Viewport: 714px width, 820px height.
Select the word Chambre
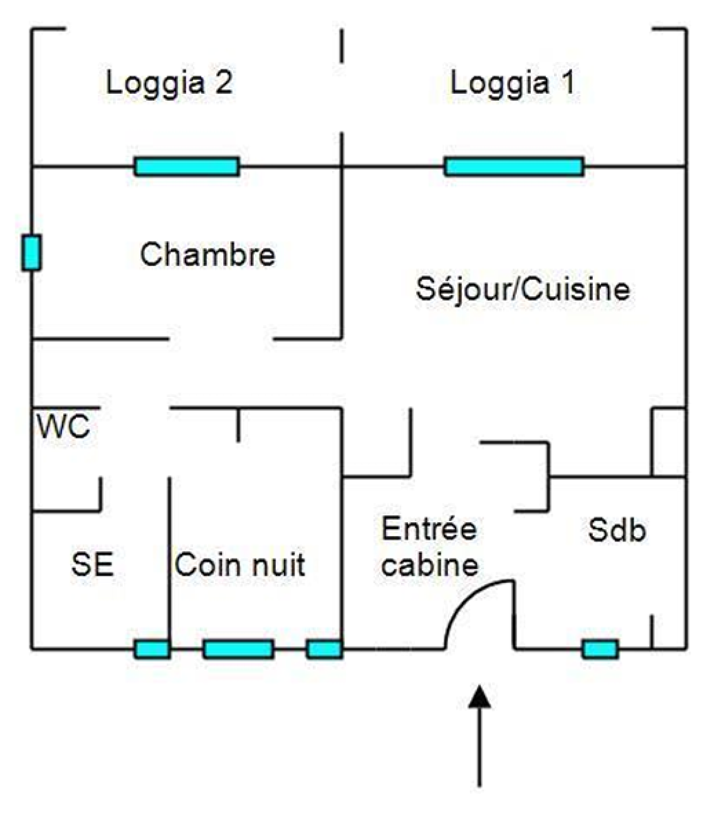pos(208,254)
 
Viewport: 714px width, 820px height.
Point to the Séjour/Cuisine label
pos(523,289)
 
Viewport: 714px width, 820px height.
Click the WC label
pos(63,426)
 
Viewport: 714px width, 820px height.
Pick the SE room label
pos(92,564)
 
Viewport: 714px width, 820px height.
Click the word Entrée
pos(429,529)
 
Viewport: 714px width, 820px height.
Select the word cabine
pos(430,565)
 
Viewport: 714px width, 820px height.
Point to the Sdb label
pos(617,530)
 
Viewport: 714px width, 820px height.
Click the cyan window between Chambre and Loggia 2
pos(187,167)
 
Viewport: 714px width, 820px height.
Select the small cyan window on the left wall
pos(31,253)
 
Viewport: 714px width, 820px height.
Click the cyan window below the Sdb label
pos(600,649)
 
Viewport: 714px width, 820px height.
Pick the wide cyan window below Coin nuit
pos(238,649)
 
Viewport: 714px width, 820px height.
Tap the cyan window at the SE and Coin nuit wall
pos(152,649)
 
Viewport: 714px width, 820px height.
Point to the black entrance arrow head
pos(479,697)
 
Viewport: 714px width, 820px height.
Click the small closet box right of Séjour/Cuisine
pos(668,442)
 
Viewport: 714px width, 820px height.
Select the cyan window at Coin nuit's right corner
pos(324,649)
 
